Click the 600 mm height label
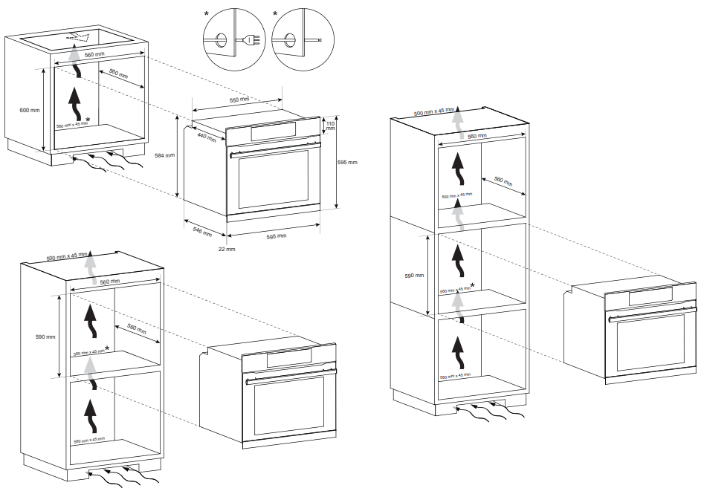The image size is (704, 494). pyautogui.click(x=30, y=110)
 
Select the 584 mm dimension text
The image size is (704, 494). pyautogui.click(x=164, y=155)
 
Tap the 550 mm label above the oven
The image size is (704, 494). pyautogui.click(x=239, y=99)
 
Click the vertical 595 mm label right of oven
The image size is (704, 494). pyautogui.click(x=347, y=161)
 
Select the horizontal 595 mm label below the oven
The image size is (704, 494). pyautogui.click(x=277, y=237)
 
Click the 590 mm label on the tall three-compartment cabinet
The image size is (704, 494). pyautogui.click(x=415, y=275)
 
